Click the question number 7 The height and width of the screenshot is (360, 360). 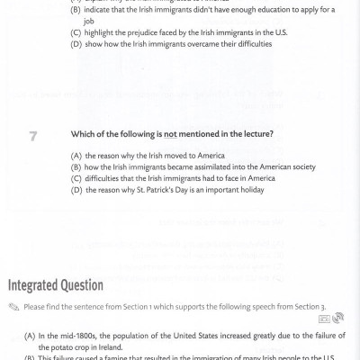pos(33,135)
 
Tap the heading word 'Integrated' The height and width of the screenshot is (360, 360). pos(39,285)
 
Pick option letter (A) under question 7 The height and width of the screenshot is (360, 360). pos(76,155)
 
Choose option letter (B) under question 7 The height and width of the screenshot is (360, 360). pos(76,166)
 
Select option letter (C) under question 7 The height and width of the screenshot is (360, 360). pos(76,178)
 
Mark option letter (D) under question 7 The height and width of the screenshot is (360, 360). pos(76,190)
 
